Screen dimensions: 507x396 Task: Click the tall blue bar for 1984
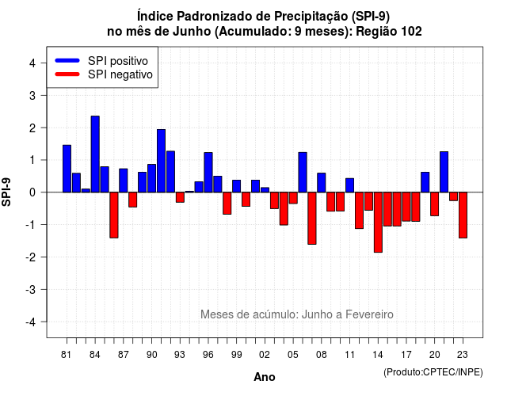[95, 154]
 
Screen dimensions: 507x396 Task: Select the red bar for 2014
[378, 222]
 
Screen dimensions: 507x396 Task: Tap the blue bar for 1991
[161, 161]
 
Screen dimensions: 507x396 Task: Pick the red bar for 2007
[312, 219]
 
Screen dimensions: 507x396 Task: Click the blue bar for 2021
[444, 172]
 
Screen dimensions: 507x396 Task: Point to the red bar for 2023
[463, 215]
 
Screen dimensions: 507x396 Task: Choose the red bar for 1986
[114, 215]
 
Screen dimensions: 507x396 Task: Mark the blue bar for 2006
[303, 173]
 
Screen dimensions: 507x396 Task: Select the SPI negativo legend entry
[104, 74]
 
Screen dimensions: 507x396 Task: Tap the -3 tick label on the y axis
[31, 289]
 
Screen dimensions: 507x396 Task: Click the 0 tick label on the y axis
[32, 192]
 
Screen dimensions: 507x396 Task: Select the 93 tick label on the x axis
[180, 355]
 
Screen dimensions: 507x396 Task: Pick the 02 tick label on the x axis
[265, 355]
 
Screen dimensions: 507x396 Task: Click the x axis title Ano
[265, 377]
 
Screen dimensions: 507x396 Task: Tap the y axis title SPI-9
[6, 192]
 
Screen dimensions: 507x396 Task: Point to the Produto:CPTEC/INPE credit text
[433, 372]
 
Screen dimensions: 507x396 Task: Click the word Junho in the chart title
[192, 32]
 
